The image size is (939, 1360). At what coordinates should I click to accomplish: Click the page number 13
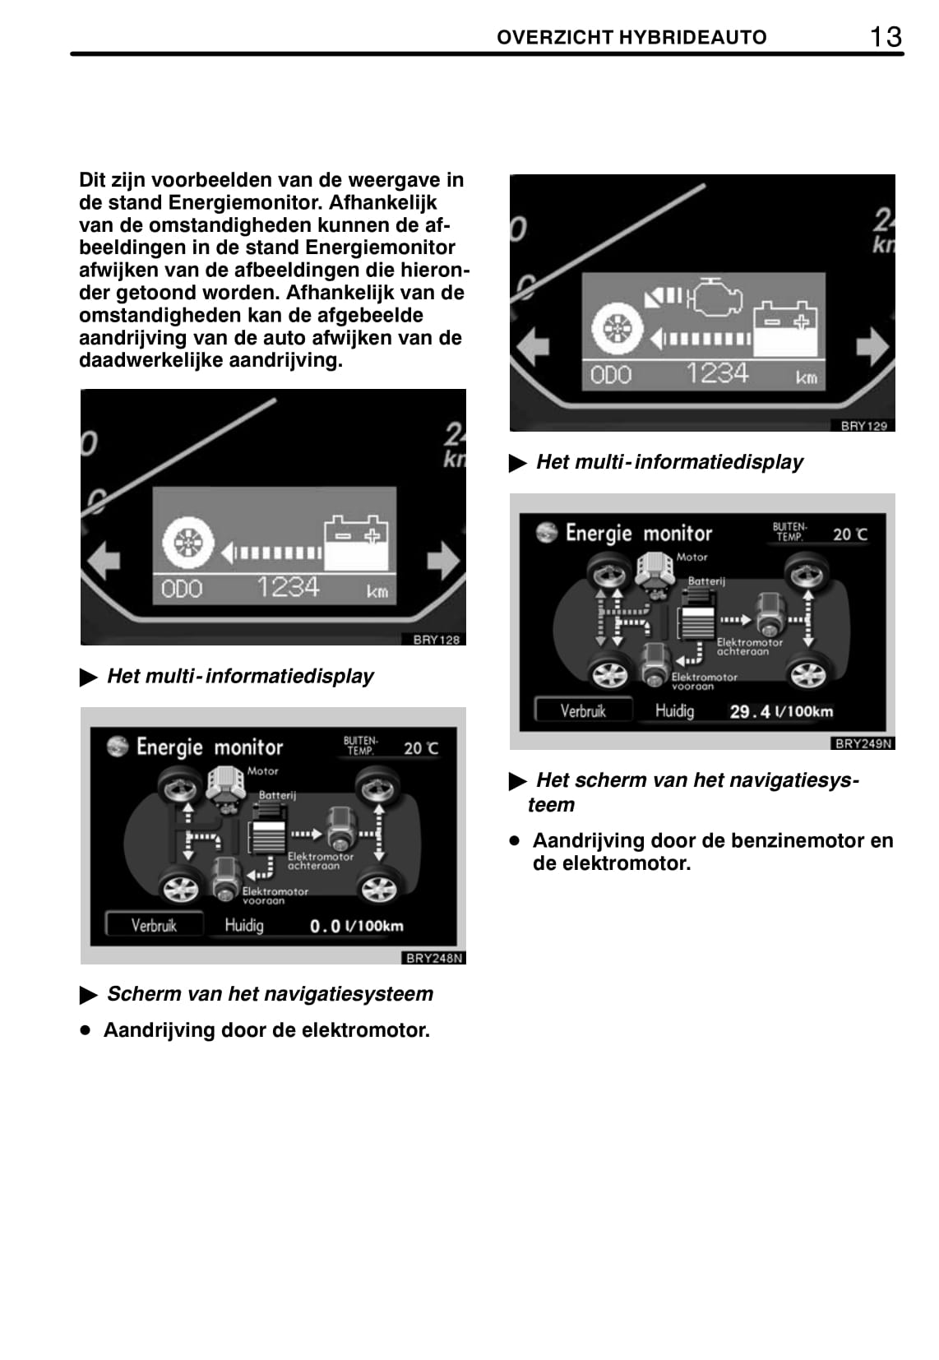(886, 37)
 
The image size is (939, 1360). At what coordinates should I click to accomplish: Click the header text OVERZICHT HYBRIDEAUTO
(631, 38)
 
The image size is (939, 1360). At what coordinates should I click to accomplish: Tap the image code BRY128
(436, 640)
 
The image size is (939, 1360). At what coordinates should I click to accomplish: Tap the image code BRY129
(864, 426)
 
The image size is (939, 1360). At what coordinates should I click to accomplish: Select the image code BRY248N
(434, 958)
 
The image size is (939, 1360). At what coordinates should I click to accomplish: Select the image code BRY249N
(863, 743)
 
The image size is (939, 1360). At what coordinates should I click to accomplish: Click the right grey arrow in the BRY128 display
(444, 560)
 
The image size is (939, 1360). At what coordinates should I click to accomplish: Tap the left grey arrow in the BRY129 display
(533, 346)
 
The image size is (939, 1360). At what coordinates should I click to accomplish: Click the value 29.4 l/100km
(780, 711)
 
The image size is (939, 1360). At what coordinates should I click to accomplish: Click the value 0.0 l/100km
(356, 926)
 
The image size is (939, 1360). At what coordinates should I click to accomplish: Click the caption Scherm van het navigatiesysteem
(270, 994)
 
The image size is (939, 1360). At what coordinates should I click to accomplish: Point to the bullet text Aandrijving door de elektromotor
(266, 1030)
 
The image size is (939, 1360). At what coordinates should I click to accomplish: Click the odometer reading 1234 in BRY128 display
(288, 587)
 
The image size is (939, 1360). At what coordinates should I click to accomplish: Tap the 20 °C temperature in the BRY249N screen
(849, 534)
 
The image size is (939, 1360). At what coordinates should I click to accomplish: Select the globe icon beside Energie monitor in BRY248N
(118, 747)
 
